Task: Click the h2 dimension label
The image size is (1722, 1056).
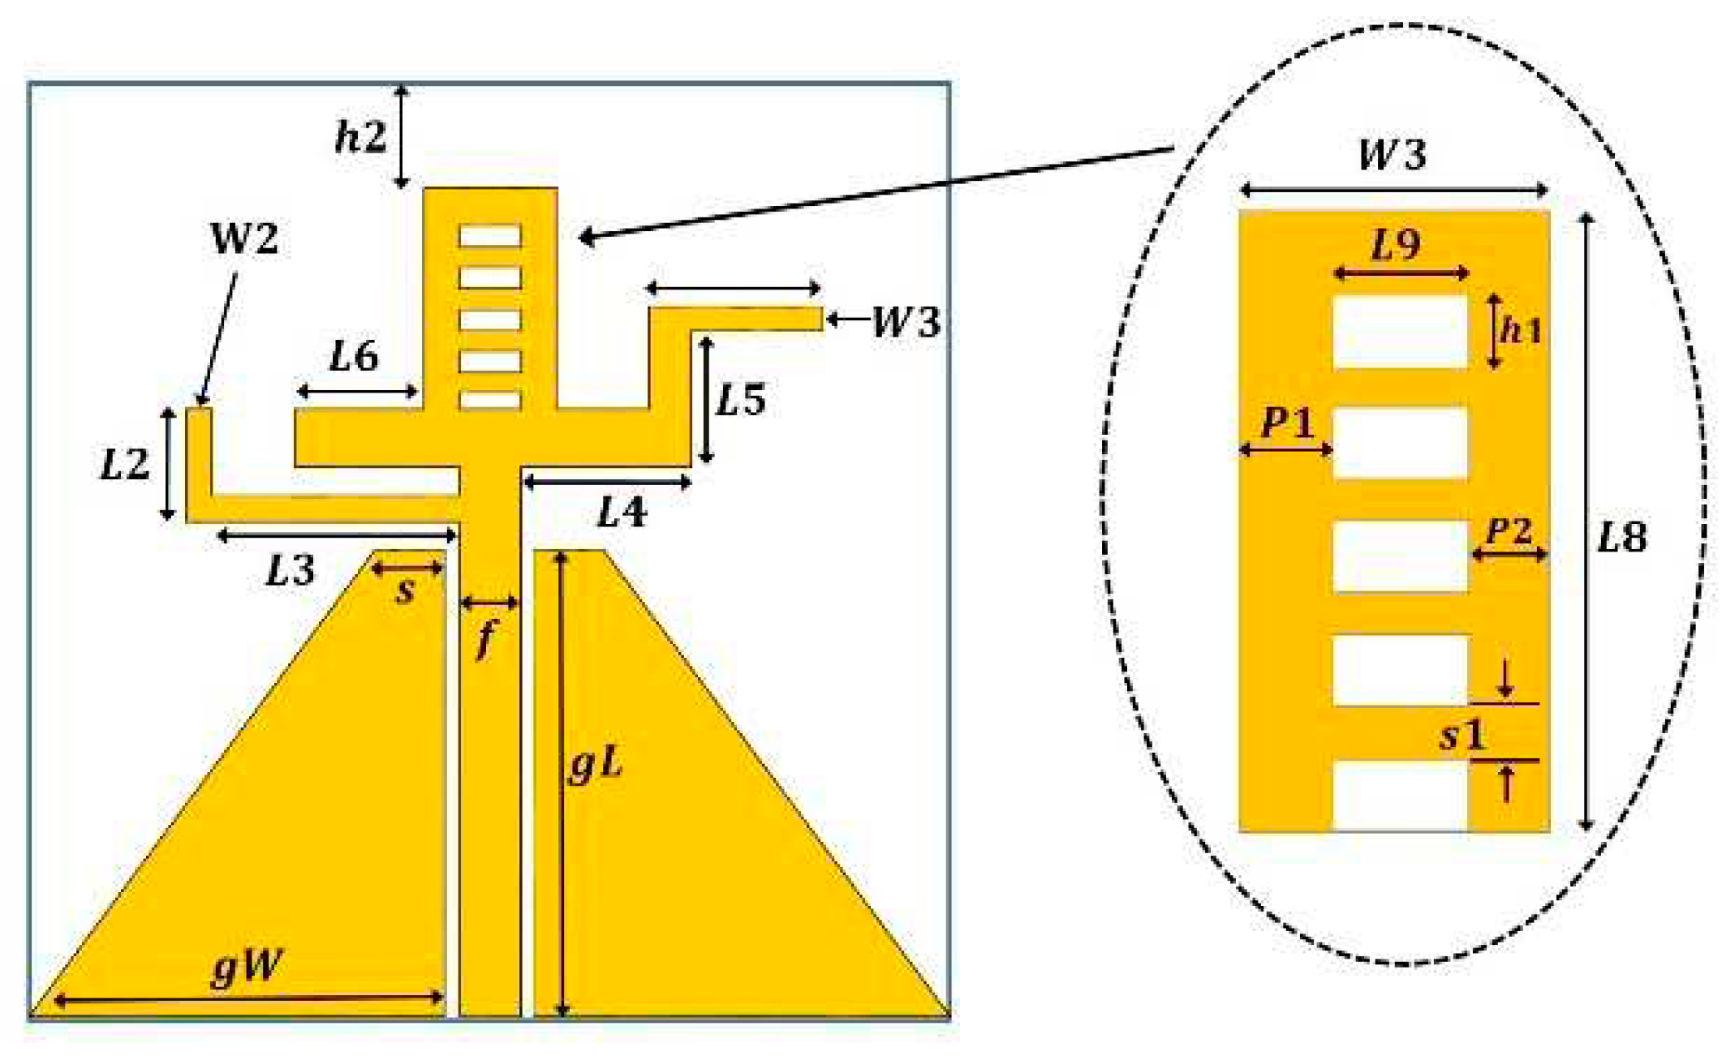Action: [360, 138]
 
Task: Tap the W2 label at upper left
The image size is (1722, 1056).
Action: [243, 239]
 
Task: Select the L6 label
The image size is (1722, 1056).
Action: [354, 357]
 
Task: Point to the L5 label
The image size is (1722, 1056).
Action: [740, 400]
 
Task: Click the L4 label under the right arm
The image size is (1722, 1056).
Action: [622, 513]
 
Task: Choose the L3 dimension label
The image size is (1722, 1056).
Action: [290, 572]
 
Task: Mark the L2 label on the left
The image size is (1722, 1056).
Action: [124, 466]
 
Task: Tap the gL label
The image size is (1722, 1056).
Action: [595, 765]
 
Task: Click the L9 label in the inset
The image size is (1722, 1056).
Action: [1396, 244]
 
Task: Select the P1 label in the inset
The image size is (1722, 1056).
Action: [1286, 422]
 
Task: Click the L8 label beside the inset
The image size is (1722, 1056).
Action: [1621, 538]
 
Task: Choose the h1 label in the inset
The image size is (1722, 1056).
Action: [1520, 330]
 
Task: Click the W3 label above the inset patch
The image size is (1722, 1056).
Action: [1393, 154]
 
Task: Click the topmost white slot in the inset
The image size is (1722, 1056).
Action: [1400, 332]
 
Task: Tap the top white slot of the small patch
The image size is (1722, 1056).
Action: [490, 236]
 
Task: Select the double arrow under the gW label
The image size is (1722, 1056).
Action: [248, 999]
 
